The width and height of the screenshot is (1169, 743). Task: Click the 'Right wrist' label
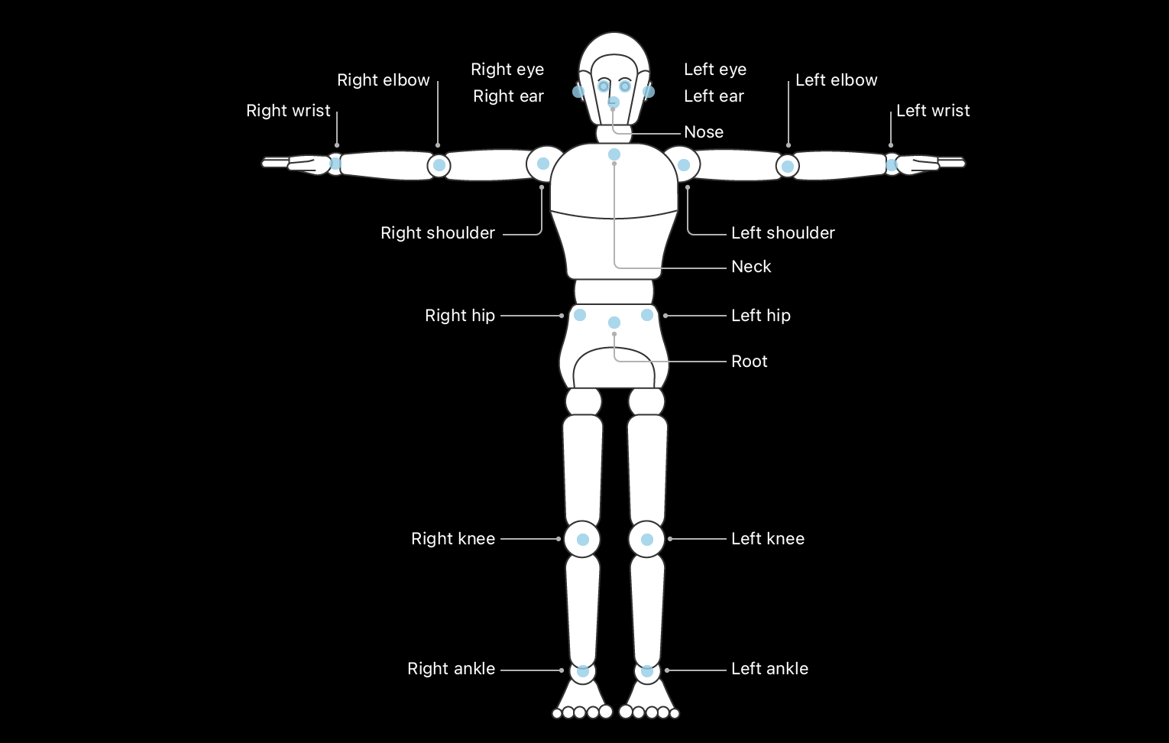pos(288,111)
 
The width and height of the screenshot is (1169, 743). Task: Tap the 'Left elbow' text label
pos(836,80)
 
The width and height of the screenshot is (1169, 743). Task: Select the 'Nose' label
pos(704,132)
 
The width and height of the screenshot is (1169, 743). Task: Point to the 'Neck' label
pos(751,267)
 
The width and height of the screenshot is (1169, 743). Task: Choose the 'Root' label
pos(749,362)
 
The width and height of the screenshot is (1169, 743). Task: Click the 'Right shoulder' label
pos(438,233)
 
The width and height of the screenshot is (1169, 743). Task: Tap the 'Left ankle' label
pos(769,669)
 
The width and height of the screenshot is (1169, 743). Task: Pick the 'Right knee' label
pos(453,539)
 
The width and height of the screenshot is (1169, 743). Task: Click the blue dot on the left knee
pos(647,540)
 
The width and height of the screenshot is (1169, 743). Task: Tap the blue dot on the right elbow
pos(439,165)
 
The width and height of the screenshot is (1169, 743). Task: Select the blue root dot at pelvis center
pos(614,323)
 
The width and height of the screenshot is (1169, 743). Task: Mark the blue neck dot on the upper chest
pos(614,154)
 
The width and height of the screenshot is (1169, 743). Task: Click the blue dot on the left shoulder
pos(684,164)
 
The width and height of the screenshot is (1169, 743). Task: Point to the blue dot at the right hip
pos(580,315)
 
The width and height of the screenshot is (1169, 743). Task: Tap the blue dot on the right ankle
pos(583,671)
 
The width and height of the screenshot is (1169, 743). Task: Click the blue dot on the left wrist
pos(891,164)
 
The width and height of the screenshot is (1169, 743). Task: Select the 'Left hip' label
pos(760,316)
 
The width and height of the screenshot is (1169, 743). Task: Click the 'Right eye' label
pos(507,70)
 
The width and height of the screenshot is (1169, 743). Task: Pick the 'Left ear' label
pos(714,96)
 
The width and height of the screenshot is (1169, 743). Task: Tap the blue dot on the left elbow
pos(788,166)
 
